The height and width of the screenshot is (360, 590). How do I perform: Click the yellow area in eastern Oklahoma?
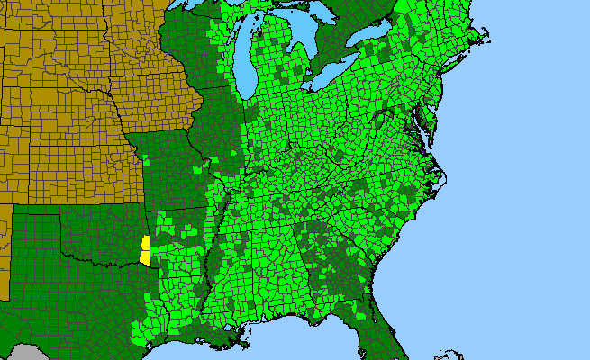(145, 251)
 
